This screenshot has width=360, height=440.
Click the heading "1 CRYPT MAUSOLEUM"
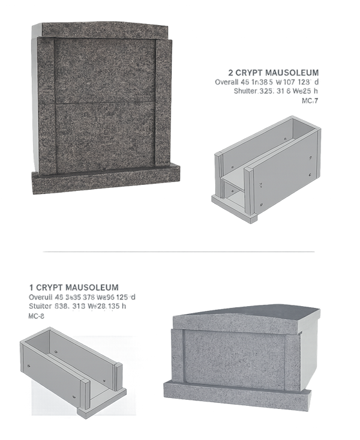(73, 288)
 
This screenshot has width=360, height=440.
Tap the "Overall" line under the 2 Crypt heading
(270, 82)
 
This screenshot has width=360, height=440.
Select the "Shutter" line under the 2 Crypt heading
(280, 91)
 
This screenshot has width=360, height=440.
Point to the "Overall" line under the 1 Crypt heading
(82, 297)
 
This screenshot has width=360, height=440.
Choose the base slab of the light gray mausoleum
(237, 394)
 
